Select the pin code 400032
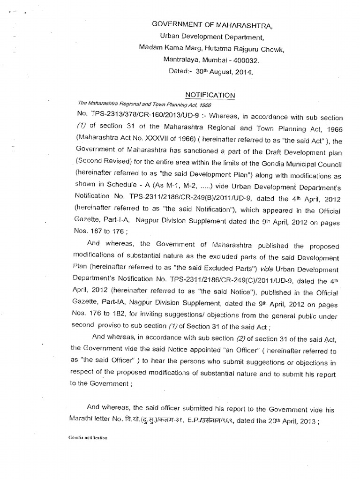pos(243,60)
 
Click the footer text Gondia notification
pos(88,438)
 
